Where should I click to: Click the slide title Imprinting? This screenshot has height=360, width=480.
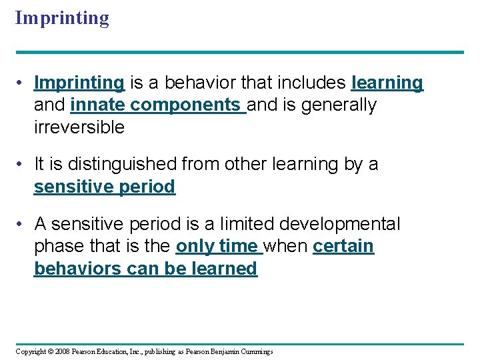(x=62, y=18)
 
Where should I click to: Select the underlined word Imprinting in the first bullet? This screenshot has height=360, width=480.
(x=79, y=83)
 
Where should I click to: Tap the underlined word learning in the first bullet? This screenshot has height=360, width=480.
(x=387, y=83)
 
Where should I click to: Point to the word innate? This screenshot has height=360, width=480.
(x=98, y=105)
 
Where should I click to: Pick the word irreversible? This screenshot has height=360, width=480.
(x=79, y=127)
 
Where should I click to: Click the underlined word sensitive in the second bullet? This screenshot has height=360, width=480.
(x=73, y=187)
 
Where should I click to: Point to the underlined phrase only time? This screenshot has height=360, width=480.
(x=217, y=246)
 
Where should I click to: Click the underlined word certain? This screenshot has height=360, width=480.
(x=343, y=246)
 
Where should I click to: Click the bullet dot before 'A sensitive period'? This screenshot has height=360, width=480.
(x=22, y=224)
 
